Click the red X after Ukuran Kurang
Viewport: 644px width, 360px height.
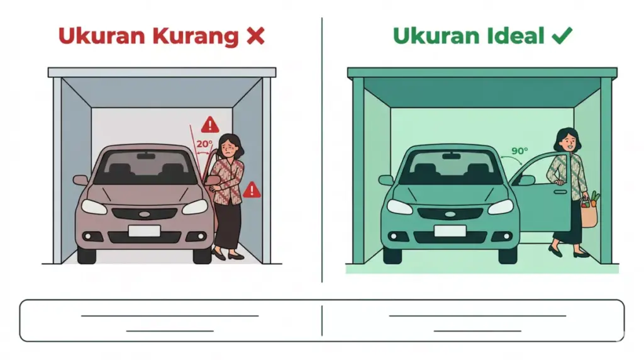pyautogui.click(x=255, y=37)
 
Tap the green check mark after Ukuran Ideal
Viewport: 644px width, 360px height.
pyautogui.click(x=561, y=37)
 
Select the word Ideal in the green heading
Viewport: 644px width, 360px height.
pyautogui.click(x=516, y=37)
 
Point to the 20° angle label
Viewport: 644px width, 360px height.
pyautogui.click(x=204, y=143)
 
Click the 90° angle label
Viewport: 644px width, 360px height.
pyautogui.click(x=519, y=151)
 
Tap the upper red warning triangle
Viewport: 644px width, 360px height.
pyautogui.click(x=210, y=123)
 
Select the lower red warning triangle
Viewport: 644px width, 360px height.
pyautogui.click(x=252, y=189)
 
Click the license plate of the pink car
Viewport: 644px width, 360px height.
pyautogui.click(x=144, y=230)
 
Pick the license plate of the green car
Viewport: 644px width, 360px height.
pyautogui.click(x=450, y=230)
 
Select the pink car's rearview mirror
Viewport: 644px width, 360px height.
pyautogui.click(x=145, y=155)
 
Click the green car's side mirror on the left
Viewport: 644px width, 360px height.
pyautogui.click(x=386, y=180)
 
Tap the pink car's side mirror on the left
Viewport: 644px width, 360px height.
pyautogui.click(x=80, y=180)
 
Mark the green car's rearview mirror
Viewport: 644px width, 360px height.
pyautogui.click(x=451, y=155)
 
